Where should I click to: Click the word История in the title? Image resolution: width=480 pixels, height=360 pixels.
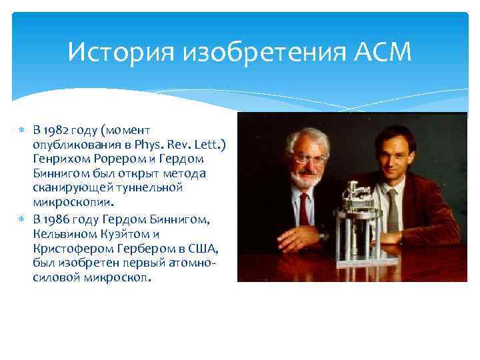[x=109, y=51]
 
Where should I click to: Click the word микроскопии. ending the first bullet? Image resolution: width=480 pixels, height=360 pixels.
[x=73, y=202]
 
